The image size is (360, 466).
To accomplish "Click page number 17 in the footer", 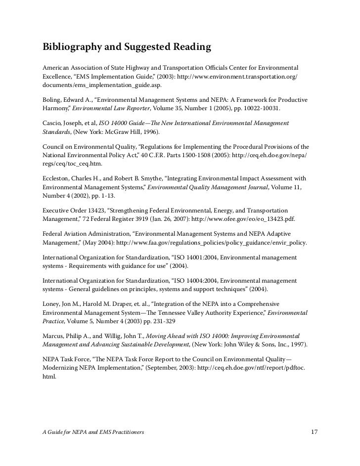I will click(314, 432).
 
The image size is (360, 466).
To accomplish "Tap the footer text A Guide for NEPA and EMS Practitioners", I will click(93, 433).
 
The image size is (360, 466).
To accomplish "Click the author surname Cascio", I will click(53, 122).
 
